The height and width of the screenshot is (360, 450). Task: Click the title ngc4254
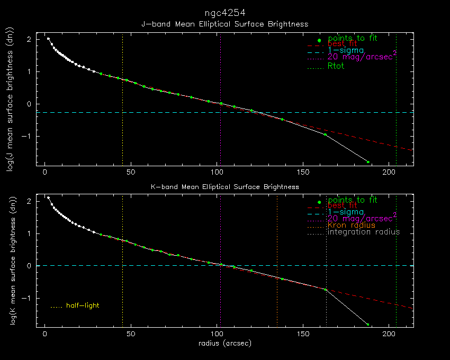224,12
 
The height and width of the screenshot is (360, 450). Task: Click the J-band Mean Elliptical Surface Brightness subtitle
224,24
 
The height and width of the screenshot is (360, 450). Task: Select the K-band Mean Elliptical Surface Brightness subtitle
224,187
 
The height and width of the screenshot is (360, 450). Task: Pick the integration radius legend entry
364,232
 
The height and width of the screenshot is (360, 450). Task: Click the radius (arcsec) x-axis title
224,343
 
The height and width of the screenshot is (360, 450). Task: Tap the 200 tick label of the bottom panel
389,335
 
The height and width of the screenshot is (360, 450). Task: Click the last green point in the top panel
368,162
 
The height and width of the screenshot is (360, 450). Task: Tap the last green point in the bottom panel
368,325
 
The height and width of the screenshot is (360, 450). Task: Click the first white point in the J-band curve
48,39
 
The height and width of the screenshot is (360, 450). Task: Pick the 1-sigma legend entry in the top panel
346,50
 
